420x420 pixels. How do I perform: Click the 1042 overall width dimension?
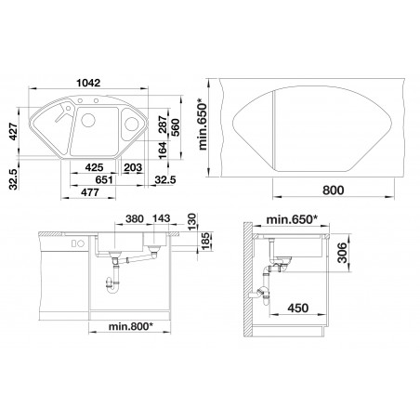coord(88,83)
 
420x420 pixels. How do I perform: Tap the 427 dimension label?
coord(13,132)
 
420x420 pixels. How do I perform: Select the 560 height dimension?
coord(175,127)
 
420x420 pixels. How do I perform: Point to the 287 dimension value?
coord(163,125)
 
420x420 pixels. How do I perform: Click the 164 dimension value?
coord(163,151)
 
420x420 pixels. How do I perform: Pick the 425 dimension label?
coord(94,167)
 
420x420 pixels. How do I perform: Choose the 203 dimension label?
coord(133,167)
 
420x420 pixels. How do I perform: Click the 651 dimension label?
coord(104,179)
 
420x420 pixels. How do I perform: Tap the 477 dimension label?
coord(90,192)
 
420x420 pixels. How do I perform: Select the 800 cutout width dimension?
coord(334,190)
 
